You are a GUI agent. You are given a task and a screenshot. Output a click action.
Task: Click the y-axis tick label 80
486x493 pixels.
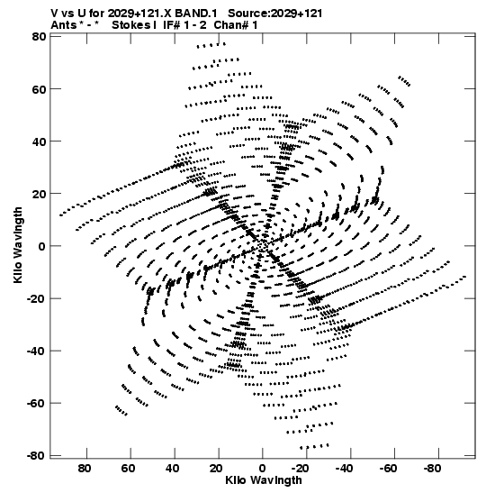[39, 37]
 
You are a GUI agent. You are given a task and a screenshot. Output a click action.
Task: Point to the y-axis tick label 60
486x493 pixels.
[39, 89]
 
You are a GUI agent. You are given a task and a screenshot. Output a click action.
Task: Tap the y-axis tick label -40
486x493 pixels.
[36, 351]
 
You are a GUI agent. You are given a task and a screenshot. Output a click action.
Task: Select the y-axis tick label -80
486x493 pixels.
[36, 455]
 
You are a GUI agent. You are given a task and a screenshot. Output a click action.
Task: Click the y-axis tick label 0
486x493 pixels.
[42, 246]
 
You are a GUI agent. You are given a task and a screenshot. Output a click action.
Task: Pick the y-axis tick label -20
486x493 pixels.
[36, 298]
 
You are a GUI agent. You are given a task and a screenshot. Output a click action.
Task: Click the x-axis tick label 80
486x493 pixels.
[85, 469]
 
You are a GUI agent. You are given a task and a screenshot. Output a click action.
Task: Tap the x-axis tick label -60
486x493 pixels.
[388, 469]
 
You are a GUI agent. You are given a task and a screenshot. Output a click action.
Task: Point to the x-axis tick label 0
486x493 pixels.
[263, 469]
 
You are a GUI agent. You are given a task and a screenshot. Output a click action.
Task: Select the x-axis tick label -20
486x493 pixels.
[300, 469]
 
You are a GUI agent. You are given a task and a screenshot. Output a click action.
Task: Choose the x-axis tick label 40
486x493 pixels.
[173, 469]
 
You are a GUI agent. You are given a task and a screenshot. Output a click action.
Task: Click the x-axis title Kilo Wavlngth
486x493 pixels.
[264, 480]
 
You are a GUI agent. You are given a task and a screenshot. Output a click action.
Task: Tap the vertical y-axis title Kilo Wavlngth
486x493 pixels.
[18, 245]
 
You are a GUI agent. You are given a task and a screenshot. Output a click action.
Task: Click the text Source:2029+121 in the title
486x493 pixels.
[275, 14]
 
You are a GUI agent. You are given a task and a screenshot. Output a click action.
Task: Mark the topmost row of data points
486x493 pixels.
[211, 46]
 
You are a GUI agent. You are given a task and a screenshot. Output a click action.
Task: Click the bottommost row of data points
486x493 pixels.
[315, 446]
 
